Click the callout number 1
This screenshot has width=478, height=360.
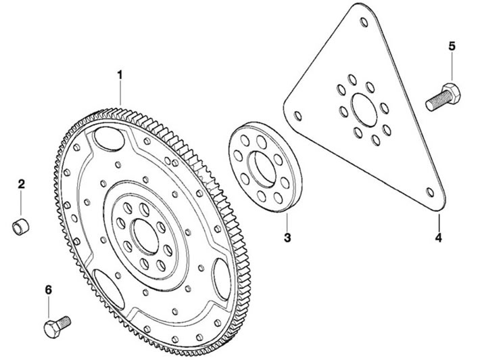pyautogui.click(x=120, y=74)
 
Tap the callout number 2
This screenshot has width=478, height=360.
pyautogui.click(x=22, y=184)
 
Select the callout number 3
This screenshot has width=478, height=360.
pyautogui.click(x=287, y=237)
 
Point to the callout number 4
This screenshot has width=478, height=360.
pyautogui.click(x=438, y=238)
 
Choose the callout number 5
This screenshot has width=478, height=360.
pyautogui.click(x=452, y=47)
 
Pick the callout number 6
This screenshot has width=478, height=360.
pyautogui.click(x=49, y=290)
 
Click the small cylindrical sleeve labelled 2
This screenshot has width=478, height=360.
pyautogui.click(x=20, y=226)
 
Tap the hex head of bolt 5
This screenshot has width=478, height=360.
pyautogui.click(x=451, y=92)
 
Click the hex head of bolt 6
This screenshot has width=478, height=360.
pyautogui.click(x=52, y=329)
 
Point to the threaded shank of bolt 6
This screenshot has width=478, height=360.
pyautogui.click(x=64, y=321)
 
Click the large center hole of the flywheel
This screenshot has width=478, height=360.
pyautogui.click(x=145, y=236)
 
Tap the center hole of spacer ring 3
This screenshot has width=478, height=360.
pyautogui.click(x=262, y=168)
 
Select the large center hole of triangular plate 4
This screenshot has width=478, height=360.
pyautogui.click(x=364, y=110)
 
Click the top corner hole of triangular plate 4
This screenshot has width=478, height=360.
pyautogui.click(x=364, y=22)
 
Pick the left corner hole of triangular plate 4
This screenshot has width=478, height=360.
pyautogui.click(x=298, y=116)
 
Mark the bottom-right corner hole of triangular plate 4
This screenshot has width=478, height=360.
pyautogui.click(x=430, y=192)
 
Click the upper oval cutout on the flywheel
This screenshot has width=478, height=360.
pyautogui.click(x=109, y=139)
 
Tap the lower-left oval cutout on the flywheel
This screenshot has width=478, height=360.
pyautogui.click(x=109, y=289)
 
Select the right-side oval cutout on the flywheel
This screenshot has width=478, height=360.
pyautogui.click(x=222, y=279)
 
